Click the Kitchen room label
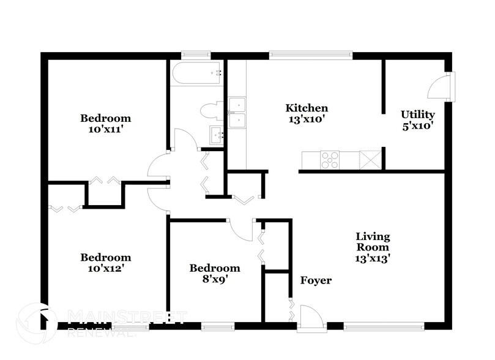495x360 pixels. (x=307, y=108)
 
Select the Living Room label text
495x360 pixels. (x=373, y=242)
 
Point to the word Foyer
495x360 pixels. (x=316, y=280)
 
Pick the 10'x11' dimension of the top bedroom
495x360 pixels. (x=106, y=129)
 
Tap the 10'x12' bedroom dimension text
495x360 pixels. (x=106, y=268)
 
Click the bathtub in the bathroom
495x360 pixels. (x=198, y=74)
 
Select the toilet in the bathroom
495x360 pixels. (x=210, y=111)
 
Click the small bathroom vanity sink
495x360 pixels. (x=216, y=135)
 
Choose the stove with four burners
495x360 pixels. (x=330, y=159)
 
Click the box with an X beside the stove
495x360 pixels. (x=370, y=159)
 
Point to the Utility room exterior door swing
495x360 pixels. (x=439, y=86)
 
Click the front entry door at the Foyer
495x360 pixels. (x=310, y=318)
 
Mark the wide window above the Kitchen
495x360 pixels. (x=311, y=55)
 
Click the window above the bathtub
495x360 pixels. (x=196, y=55)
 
